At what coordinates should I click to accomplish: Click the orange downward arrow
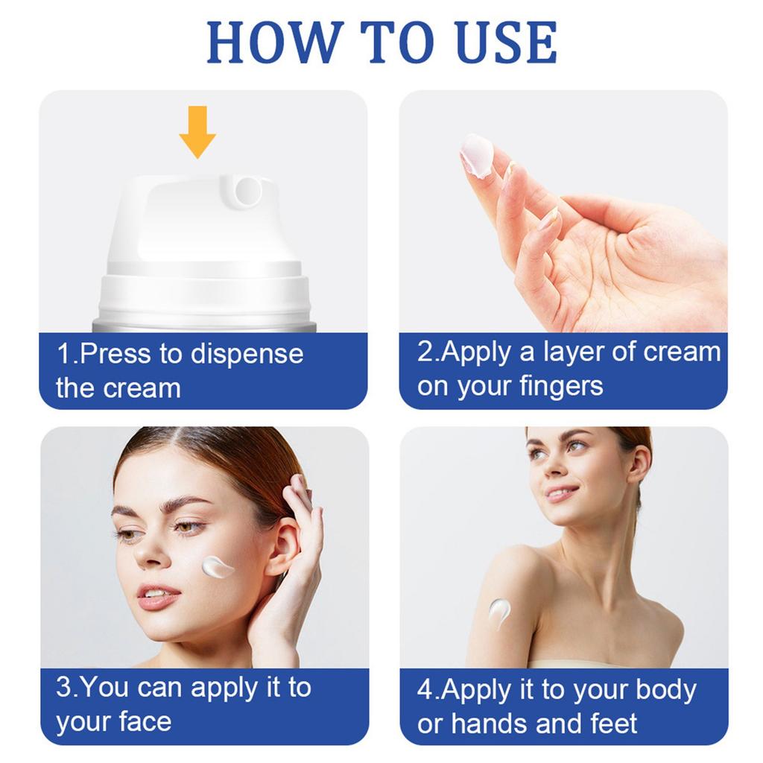[x=197, y=131]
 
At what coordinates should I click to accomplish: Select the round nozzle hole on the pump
[x=247, y=191]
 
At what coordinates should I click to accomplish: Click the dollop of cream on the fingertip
[x=476, y=155]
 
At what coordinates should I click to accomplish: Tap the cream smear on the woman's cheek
[x=217, y=566]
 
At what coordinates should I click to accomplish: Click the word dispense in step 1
[x=247, y=354]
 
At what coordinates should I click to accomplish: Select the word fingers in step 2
[x=561, y=387]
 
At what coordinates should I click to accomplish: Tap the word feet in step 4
[x=614, y=723]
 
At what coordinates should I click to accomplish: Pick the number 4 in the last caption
[x=425, y=690]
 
